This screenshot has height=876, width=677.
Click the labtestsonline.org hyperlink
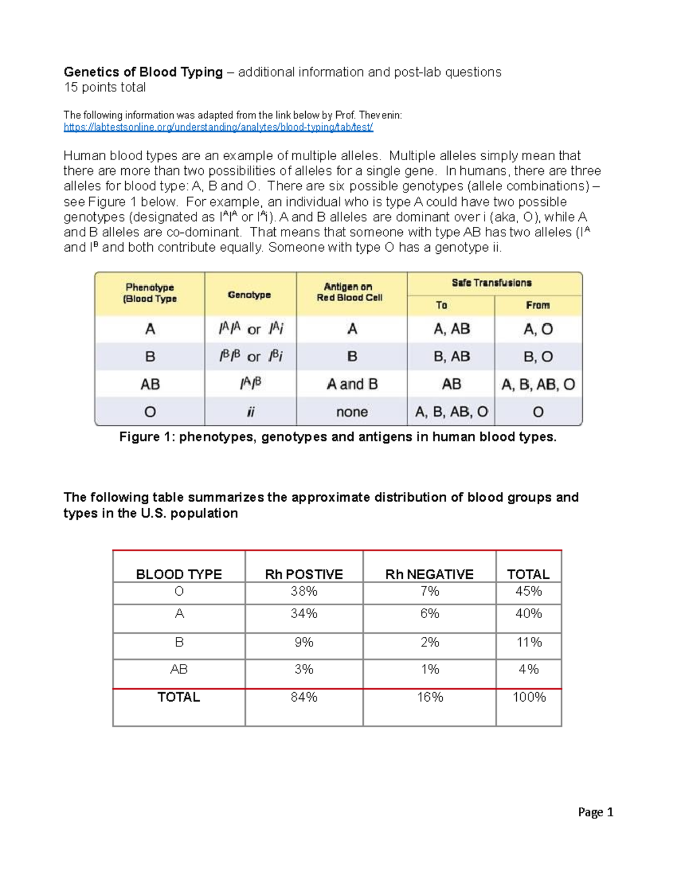[x=218, y=127]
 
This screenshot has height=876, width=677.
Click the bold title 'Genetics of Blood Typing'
[x=143, y=72]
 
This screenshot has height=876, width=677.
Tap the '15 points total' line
[x=104, y=87]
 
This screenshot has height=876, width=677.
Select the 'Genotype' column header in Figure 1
[x=249, y=294]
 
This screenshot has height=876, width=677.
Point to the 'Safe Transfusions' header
[x=491, y=283]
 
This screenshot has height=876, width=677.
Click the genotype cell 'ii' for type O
[x=250, y=412]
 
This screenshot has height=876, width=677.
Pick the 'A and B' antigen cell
[x=352, y=385]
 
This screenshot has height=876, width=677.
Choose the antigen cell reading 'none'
[x=352, y=412]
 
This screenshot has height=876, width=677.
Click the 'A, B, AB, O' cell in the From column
[x=538, y=385]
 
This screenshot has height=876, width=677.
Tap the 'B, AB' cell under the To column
[x=451, y=357]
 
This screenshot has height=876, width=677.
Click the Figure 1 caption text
[x=338, y=437]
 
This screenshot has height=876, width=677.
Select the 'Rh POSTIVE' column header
[x=304, y=574]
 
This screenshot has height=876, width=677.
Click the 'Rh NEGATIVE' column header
[x=429, y=574]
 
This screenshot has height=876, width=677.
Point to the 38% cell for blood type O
[x=304, y=591]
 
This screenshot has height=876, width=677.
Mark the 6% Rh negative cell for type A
[x=429, y=614]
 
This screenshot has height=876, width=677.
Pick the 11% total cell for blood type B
[x=529, y=642]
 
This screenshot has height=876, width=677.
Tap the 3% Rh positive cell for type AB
[x=304, y=670]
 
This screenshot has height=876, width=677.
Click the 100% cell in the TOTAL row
[x=529, y=697]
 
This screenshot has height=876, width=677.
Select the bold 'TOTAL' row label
[x=179, y=697]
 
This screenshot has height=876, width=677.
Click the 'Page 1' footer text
[x=595, y=812]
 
